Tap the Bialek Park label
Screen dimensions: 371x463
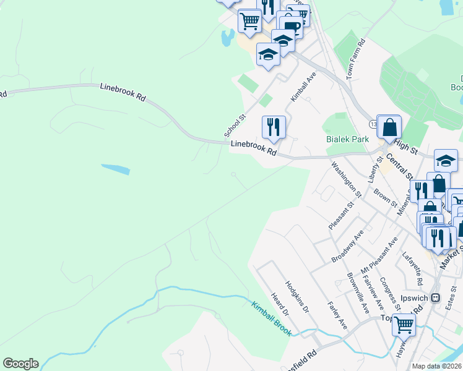347,139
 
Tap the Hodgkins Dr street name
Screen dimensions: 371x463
296,297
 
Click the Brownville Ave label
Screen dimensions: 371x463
358,293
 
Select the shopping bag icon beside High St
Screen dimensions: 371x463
389,127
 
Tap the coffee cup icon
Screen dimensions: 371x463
291,26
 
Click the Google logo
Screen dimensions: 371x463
20,364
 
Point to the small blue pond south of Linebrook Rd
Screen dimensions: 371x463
116,169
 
